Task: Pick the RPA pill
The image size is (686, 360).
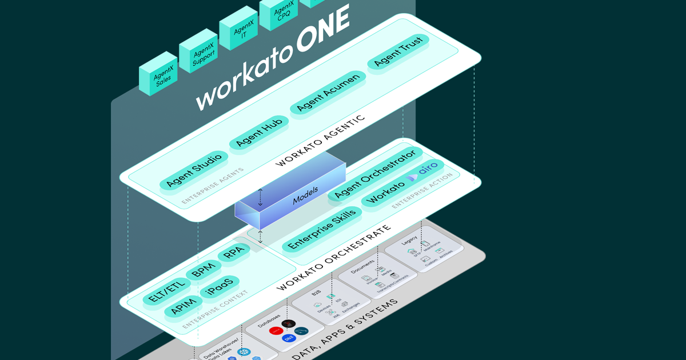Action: click(234, 253)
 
